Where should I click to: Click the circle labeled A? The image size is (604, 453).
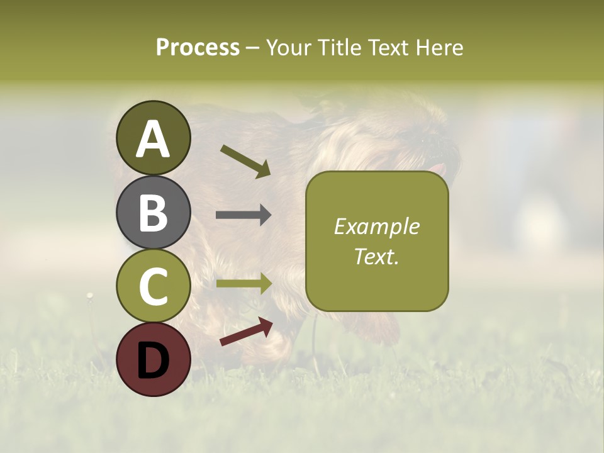point(154,138)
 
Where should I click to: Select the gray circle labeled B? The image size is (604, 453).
point(154,212)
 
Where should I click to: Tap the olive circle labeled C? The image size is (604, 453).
point(154,286)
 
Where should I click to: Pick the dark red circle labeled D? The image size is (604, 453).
point(154,359)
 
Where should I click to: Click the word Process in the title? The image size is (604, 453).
point(198,47)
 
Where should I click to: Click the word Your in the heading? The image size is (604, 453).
point(288,47)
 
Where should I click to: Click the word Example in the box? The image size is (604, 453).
point(376,226)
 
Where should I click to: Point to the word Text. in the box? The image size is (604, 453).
point(376,256)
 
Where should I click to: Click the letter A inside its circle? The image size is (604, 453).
point(154,139)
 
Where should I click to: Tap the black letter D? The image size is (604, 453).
point(154,360)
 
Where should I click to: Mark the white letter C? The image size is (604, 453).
point(154,286)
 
